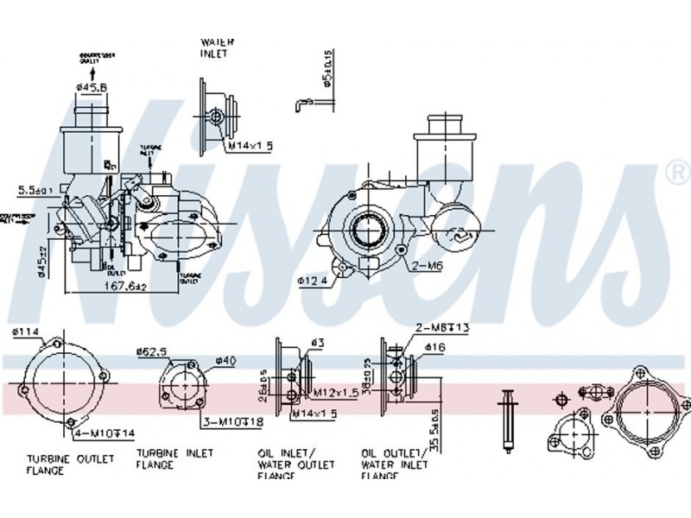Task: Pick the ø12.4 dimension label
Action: click(x=313, y=281)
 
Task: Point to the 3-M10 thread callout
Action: click(x=232, y=422)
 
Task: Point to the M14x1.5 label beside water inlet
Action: click(x=250, y=146)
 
